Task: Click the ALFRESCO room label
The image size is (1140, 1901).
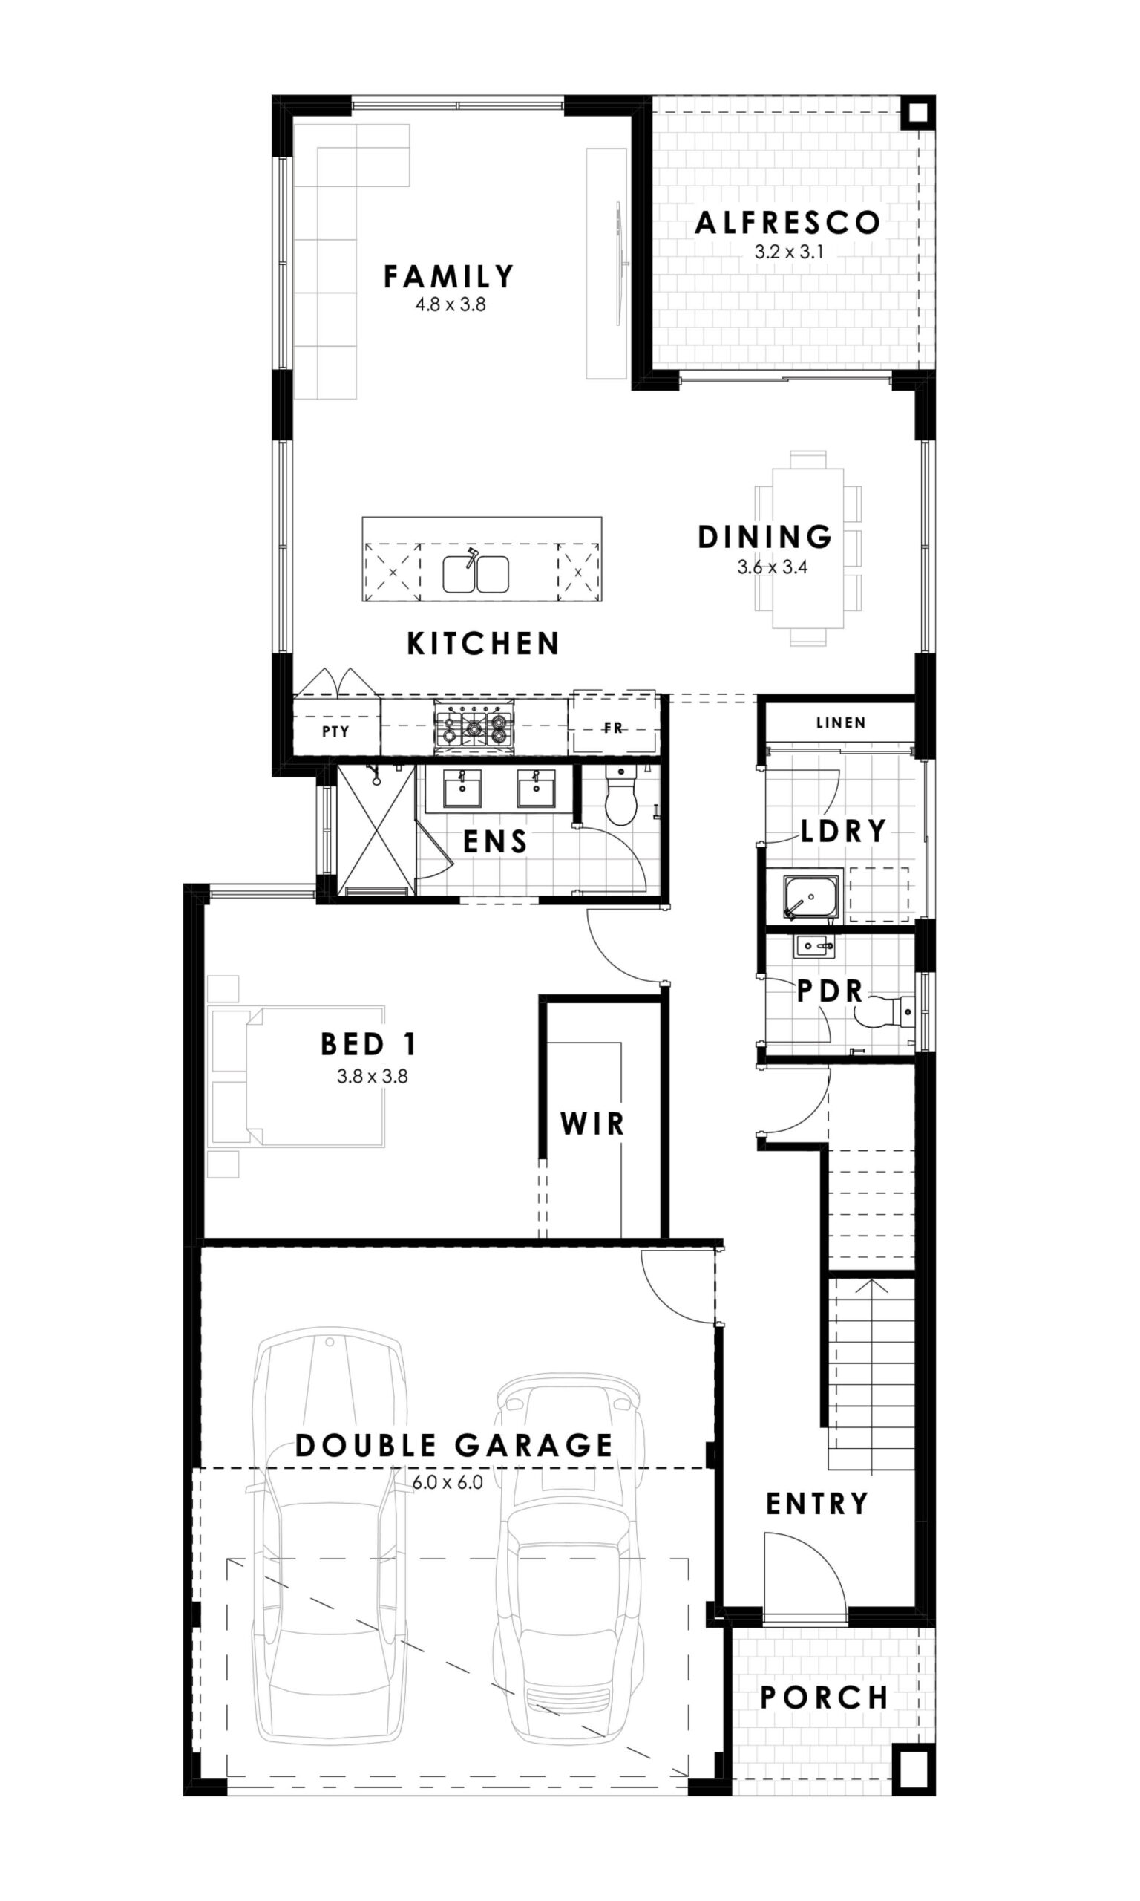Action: pos(787,223)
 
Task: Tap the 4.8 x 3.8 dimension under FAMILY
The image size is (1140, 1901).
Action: pos(451,304)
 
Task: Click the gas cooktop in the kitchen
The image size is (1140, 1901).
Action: pos(474,726)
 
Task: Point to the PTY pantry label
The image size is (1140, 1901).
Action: pos(335,731)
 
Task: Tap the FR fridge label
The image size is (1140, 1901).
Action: pos(613,728)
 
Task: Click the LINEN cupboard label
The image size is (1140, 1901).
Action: pos(840,723)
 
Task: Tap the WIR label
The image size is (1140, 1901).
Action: pos(592,1124)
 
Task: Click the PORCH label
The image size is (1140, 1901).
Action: pos(825,1698)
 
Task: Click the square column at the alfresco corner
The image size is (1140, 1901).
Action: pos(917,114)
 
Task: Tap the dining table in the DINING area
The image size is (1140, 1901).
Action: pos(808,547)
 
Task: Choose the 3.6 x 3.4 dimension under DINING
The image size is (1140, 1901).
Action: pos(772,568)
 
